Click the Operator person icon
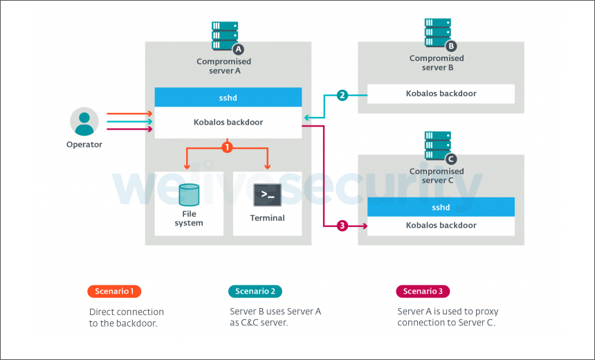click(84, 122)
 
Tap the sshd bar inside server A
click(228, 98)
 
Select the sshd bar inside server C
click(441, 207)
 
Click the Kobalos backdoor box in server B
click(441, 93)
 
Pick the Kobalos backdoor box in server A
click(228, 123)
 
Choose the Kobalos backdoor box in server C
click(441, 226)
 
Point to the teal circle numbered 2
click(342, 95)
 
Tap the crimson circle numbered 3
click(342, 226)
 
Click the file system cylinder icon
click(188, 195)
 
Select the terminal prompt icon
click(266, 196)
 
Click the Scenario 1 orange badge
click(114, 291)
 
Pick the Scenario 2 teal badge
click(255, 291)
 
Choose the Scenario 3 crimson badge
click(423, 291)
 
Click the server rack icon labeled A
click(225, 36)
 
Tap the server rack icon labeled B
click(438, 33)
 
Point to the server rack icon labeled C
click(438, 146)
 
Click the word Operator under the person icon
click(84, 145)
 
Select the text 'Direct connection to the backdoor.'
click(127, 317)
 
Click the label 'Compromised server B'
click(437, 63)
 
